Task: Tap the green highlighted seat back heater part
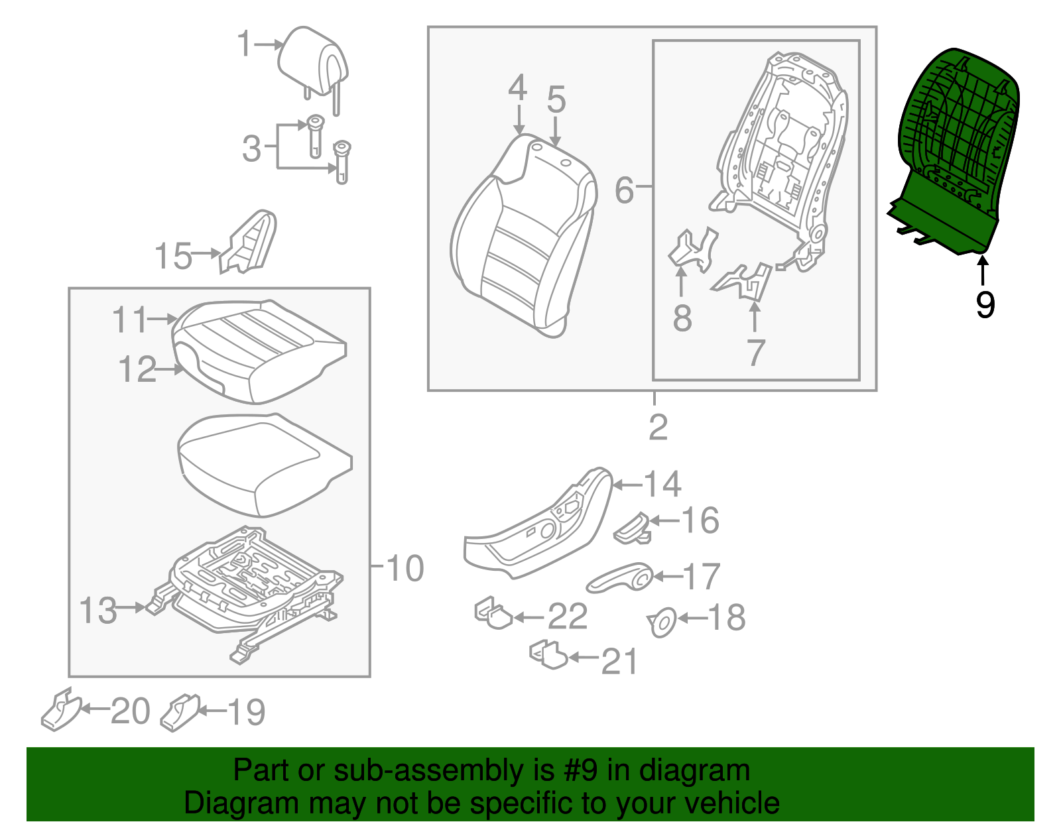(x=954, y=151)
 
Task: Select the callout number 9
(x=985, y=304)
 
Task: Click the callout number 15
(x=173, y=256)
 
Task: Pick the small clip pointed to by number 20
(x=61, y=709)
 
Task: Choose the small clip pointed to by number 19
(x=180, y=713)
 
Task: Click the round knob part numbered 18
(x=662, y=622)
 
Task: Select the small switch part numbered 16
(x=632, y=528)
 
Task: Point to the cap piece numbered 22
(x=493, y=613)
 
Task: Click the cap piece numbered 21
(x=548, y=654)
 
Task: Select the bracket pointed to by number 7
(x=742, y=282)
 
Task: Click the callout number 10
(x=405, y=568)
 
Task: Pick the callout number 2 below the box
(x=658, y=428)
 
